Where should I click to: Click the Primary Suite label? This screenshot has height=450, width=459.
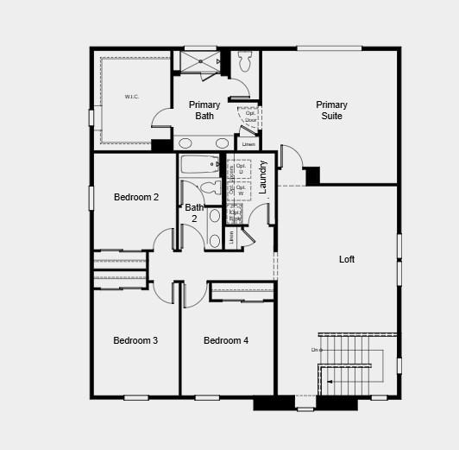(331, 111)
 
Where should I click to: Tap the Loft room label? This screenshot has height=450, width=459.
(347, 259)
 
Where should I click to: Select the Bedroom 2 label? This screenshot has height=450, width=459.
(136, 197)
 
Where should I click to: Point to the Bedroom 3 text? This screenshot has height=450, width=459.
(135, 340)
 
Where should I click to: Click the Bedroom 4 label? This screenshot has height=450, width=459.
(226, 340)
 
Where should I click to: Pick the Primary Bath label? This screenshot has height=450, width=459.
(204, 111)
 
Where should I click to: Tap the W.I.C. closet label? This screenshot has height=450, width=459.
(132, 97)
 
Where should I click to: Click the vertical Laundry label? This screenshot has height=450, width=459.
(263, 176)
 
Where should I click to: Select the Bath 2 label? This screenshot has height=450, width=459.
(194, 212)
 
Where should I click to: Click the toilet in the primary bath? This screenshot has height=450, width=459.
(244, 61)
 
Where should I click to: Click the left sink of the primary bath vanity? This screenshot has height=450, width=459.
(185, 143)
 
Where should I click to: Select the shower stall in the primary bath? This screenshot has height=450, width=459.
(198, 61)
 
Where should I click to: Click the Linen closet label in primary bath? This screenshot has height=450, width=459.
(248, 143)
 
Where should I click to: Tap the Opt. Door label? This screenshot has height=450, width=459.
(250, 117)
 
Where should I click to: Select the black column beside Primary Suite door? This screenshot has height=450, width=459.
(312, 174)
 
